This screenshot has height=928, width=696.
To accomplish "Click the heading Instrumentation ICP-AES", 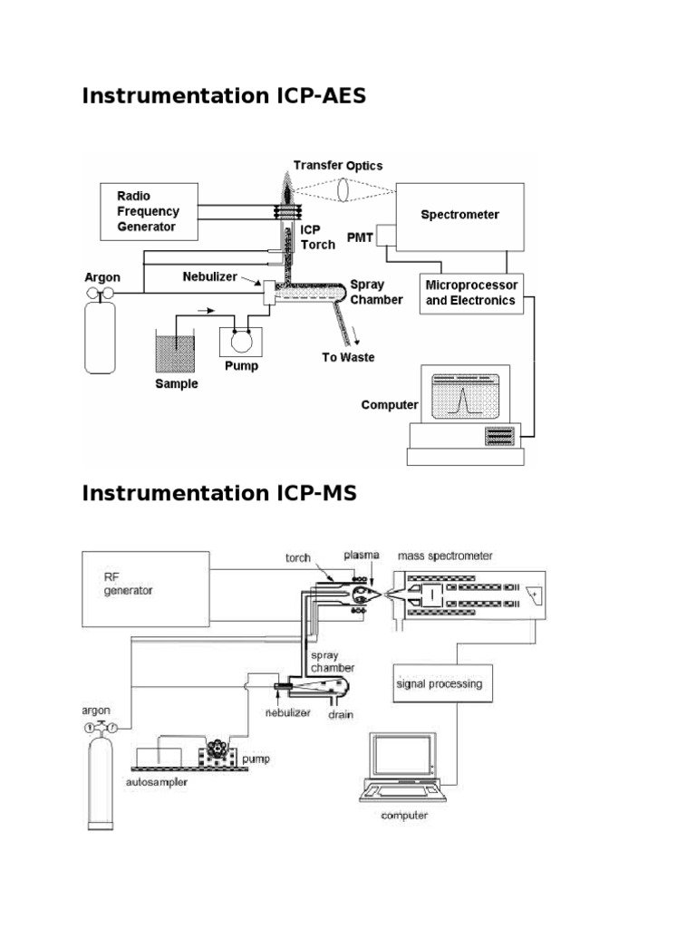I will point(224,96).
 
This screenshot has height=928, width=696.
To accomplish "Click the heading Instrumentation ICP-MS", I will point(219,493).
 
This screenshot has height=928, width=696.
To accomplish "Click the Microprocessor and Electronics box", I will point(470,293).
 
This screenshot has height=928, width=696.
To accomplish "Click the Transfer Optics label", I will point(338,166).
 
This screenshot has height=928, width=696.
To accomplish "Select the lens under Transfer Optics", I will point(343,196).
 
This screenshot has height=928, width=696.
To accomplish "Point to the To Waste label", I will point(348,357).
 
